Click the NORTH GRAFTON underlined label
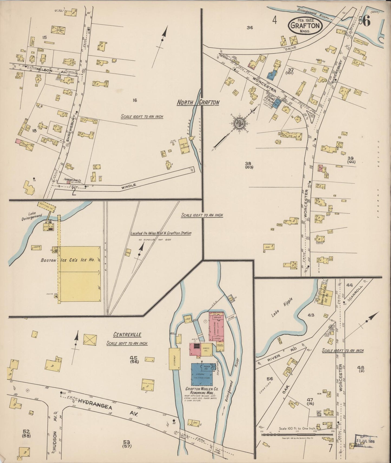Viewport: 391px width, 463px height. pos(198,103)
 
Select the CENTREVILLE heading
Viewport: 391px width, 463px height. pos(127,335)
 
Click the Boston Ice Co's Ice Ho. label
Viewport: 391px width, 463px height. pos(68,260)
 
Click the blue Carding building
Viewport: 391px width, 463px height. pos(203,374)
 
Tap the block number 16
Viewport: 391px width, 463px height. pos(135,100)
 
